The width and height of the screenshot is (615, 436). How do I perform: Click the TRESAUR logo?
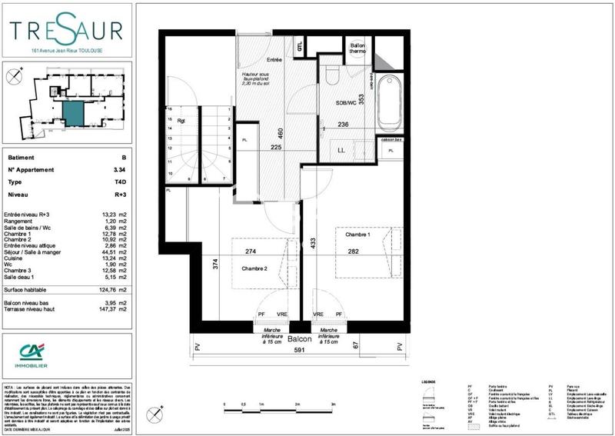[x=66, y=31]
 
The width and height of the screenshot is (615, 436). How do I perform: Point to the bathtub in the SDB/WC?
[x=387, y=102]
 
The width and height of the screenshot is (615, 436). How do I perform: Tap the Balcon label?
[x=300, y=339]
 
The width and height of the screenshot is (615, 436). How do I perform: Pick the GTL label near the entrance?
[x=301, y=47]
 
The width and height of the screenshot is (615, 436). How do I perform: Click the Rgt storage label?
[x=181, y=120]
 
